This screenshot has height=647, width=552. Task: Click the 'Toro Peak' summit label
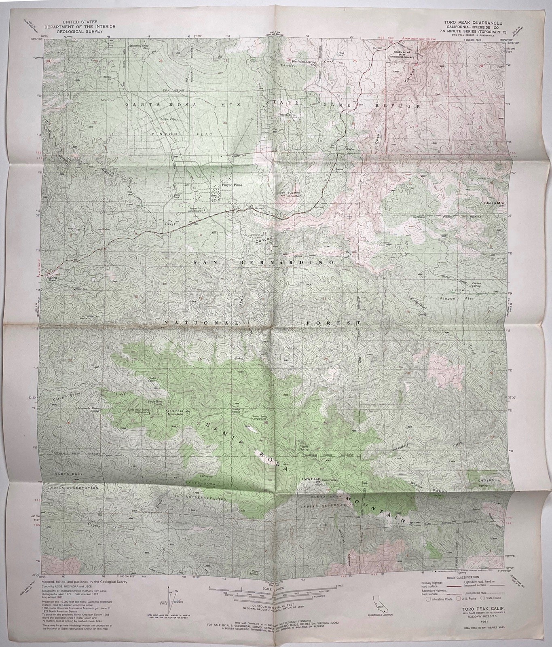click(x=310, y=479)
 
